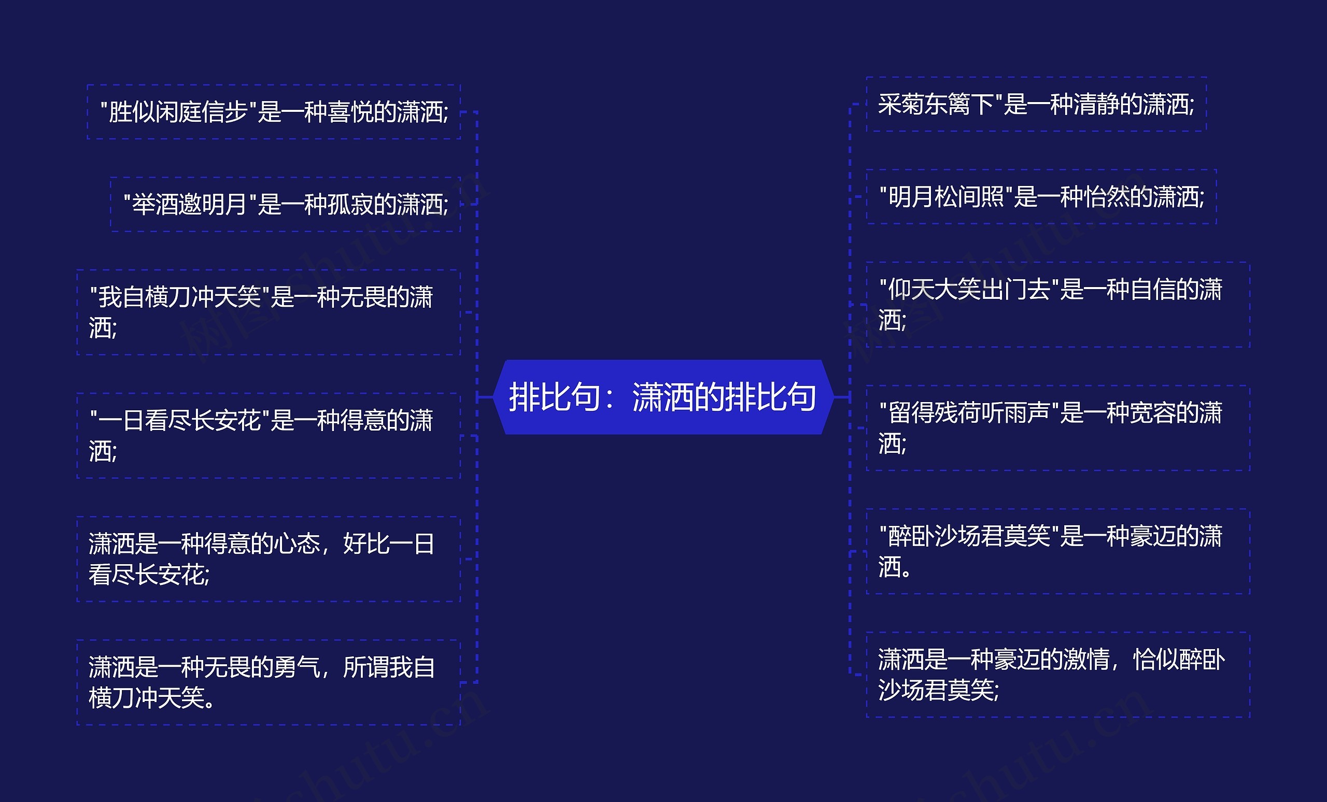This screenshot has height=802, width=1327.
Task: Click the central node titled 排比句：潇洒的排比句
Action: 663,397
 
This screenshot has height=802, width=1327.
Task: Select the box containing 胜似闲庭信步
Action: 274,112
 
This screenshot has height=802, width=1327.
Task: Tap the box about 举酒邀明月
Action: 286,205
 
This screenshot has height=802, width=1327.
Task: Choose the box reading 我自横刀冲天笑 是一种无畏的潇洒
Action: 268,312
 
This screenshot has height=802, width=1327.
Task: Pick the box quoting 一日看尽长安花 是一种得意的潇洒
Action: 268,435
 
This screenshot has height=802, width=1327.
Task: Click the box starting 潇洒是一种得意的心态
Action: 268,558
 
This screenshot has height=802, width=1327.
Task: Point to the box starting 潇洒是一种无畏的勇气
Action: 268,682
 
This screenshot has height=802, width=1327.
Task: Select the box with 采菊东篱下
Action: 1036,105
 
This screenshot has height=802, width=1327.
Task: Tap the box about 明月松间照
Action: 1041,197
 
